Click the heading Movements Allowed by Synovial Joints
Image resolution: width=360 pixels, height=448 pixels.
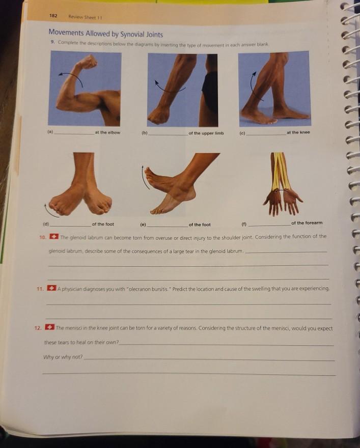(x=106, y=35)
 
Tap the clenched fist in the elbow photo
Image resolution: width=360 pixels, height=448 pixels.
(x=88, y=62)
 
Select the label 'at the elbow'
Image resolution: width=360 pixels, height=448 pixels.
(x=107, y=133)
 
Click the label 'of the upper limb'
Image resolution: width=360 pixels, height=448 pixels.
(x=206, y=133)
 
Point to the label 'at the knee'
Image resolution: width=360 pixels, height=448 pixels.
(x=298, y=132)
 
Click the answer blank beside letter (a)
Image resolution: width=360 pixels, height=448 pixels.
(x=73, y=133)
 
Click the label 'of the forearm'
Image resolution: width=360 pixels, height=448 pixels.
(x=307, y=223)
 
